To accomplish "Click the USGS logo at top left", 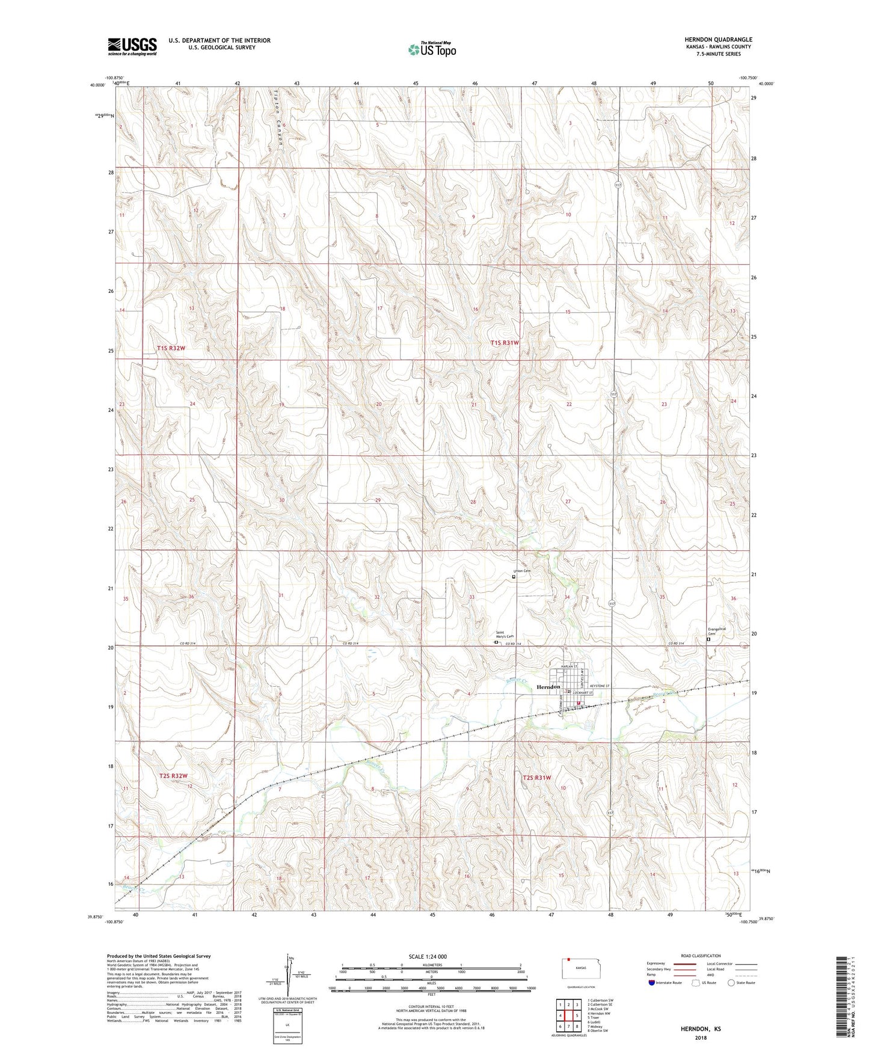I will coord(132,46).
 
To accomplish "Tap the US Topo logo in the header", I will coord(432,49).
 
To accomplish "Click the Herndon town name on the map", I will coord(548,687).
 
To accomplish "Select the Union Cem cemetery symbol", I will coord(514,577).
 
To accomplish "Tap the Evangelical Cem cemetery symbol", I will coord(708,640).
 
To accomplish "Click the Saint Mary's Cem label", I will coord(504,634).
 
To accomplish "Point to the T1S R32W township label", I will coord(172,348).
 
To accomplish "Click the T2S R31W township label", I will coord(536,778).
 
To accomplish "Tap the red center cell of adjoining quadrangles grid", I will coord(568,1016).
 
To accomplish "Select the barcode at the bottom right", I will coord(843,998).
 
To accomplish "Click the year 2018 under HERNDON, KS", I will coord(701,1037).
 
